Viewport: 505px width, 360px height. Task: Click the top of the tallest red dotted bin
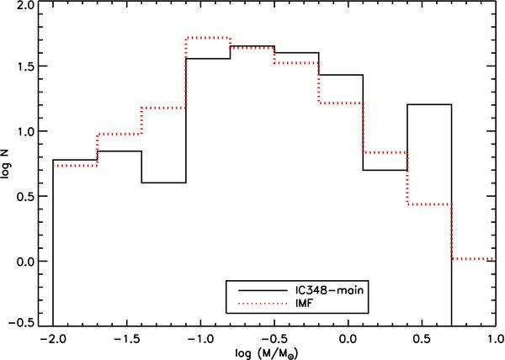pos(208,38)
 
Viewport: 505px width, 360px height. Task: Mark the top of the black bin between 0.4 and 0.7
pos(429,104)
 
